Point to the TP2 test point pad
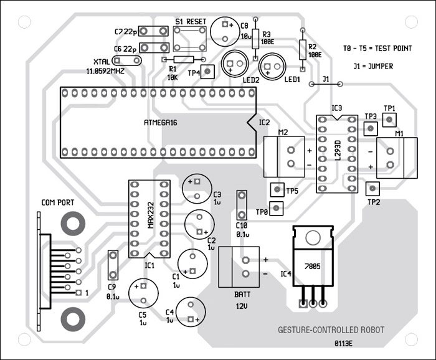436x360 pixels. tap(372, 188)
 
